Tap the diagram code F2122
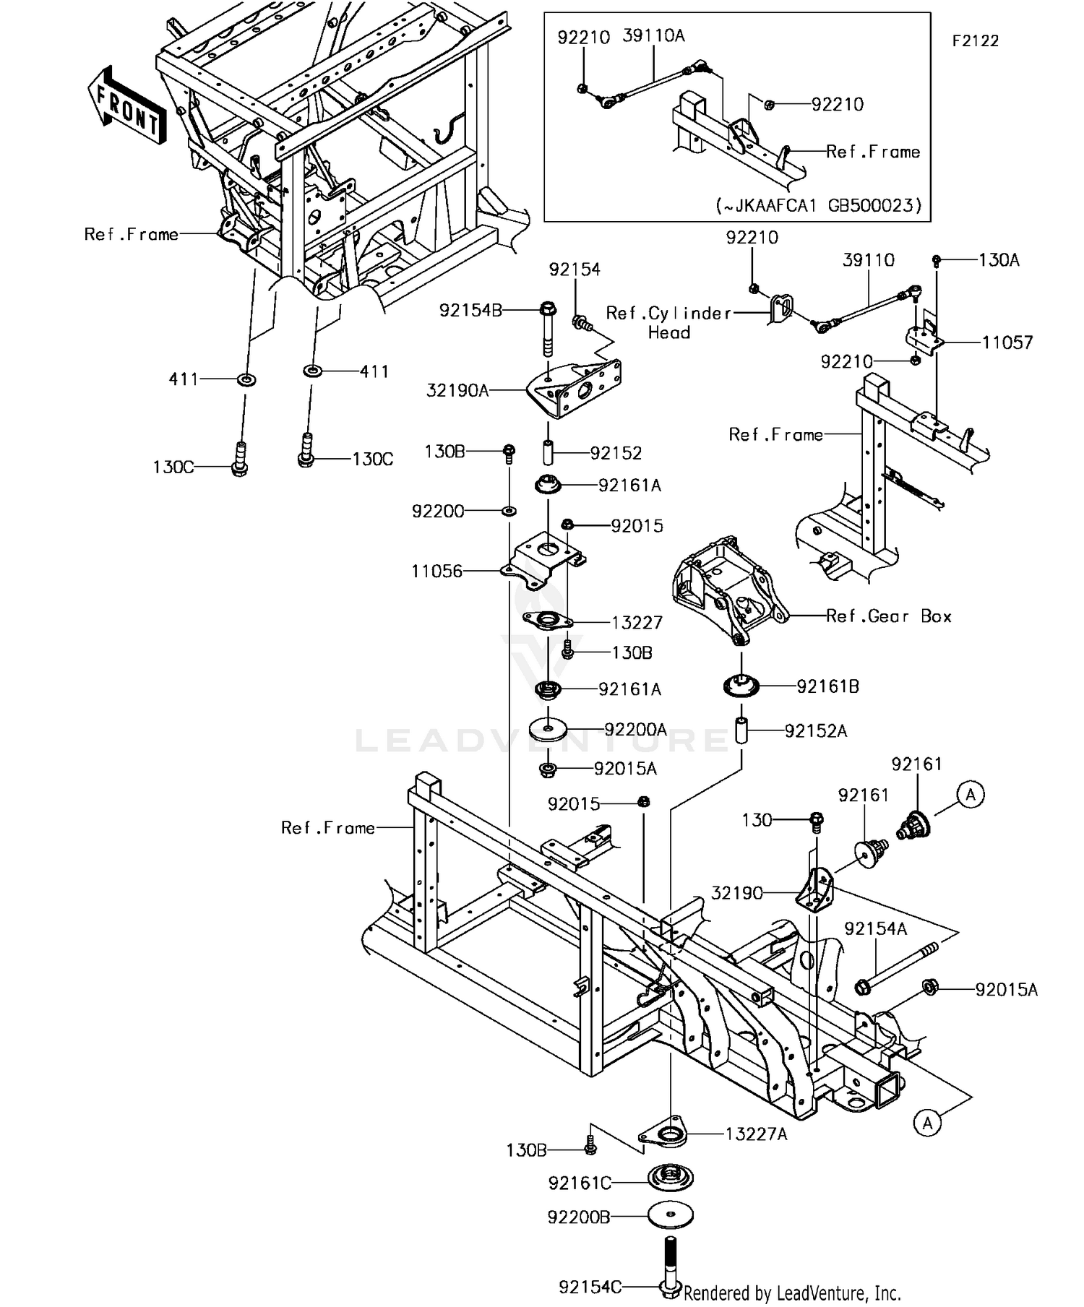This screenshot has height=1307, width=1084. (974, 41)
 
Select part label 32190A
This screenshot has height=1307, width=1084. (457, 391)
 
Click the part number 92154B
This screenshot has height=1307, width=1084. (470, 311)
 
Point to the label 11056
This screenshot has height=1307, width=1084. (436, 571)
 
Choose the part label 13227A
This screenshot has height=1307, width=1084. (756, 1134)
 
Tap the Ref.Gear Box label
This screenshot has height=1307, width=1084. (888, 616)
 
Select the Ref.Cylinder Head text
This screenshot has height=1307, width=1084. (668, 322)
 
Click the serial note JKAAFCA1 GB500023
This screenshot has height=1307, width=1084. (819, 205)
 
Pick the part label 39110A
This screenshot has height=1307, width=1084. (653, 36)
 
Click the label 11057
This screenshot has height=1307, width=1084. (1007, 342)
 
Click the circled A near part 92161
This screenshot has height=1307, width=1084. (971, 795)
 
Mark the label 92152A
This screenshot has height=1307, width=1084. (815, 731)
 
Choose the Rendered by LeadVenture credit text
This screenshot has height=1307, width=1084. (791, 1292)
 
